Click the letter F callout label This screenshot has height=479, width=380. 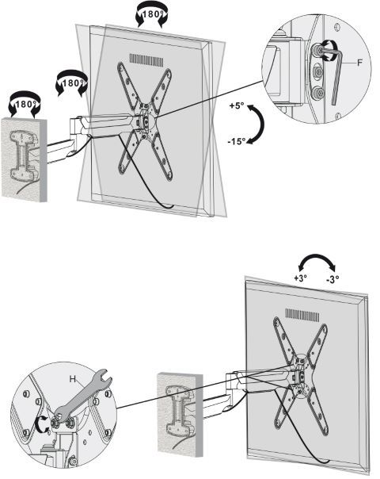(360, 63)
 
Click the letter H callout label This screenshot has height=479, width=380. (73, 379)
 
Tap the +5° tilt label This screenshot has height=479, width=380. (237, 106)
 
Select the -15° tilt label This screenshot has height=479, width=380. (237, 141)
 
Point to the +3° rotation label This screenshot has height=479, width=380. (300, 278)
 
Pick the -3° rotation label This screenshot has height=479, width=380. (332, 279)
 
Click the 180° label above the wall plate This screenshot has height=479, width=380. (24, 104)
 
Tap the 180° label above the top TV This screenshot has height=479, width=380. (151, 14)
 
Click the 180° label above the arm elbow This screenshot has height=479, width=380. (72, 83)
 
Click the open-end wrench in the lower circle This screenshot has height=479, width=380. (85, 398)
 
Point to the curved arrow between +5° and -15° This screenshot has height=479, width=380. (262, 124)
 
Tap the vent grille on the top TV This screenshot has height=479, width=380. (146, 60)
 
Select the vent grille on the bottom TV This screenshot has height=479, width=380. (302, 315)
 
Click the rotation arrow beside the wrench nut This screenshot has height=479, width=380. (41, 423)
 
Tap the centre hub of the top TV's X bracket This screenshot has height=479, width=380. (146, 121)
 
